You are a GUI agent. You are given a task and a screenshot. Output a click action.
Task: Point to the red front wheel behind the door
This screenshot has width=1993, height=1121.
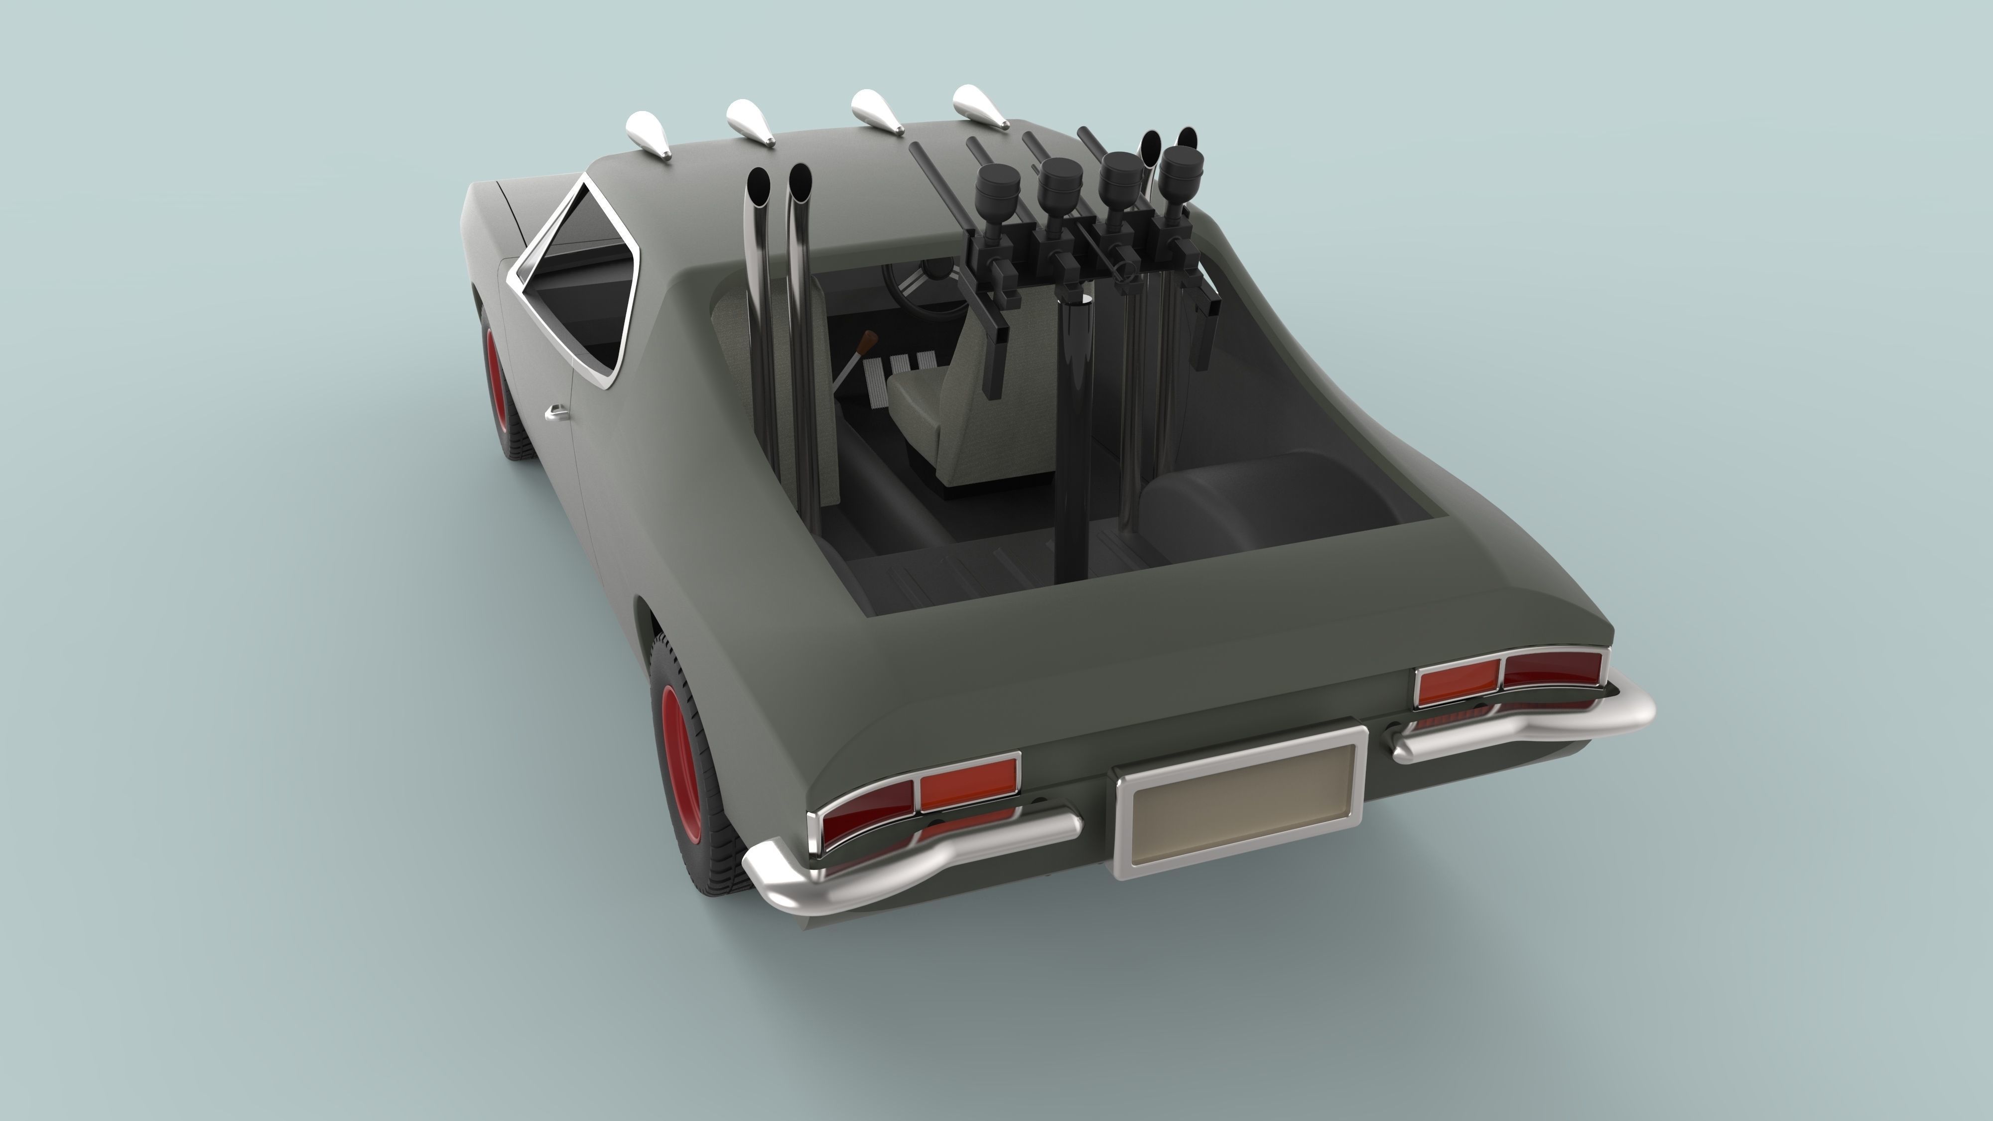(499, 387)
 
